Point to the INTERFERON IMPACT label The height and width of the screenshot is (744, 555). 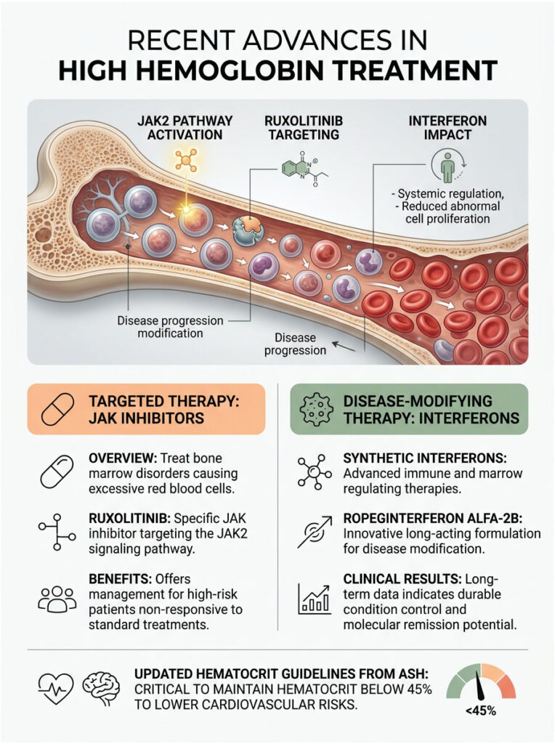[x=439, y=128]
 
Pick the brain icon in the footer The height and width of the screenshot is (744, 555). [x=101, y=685]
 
